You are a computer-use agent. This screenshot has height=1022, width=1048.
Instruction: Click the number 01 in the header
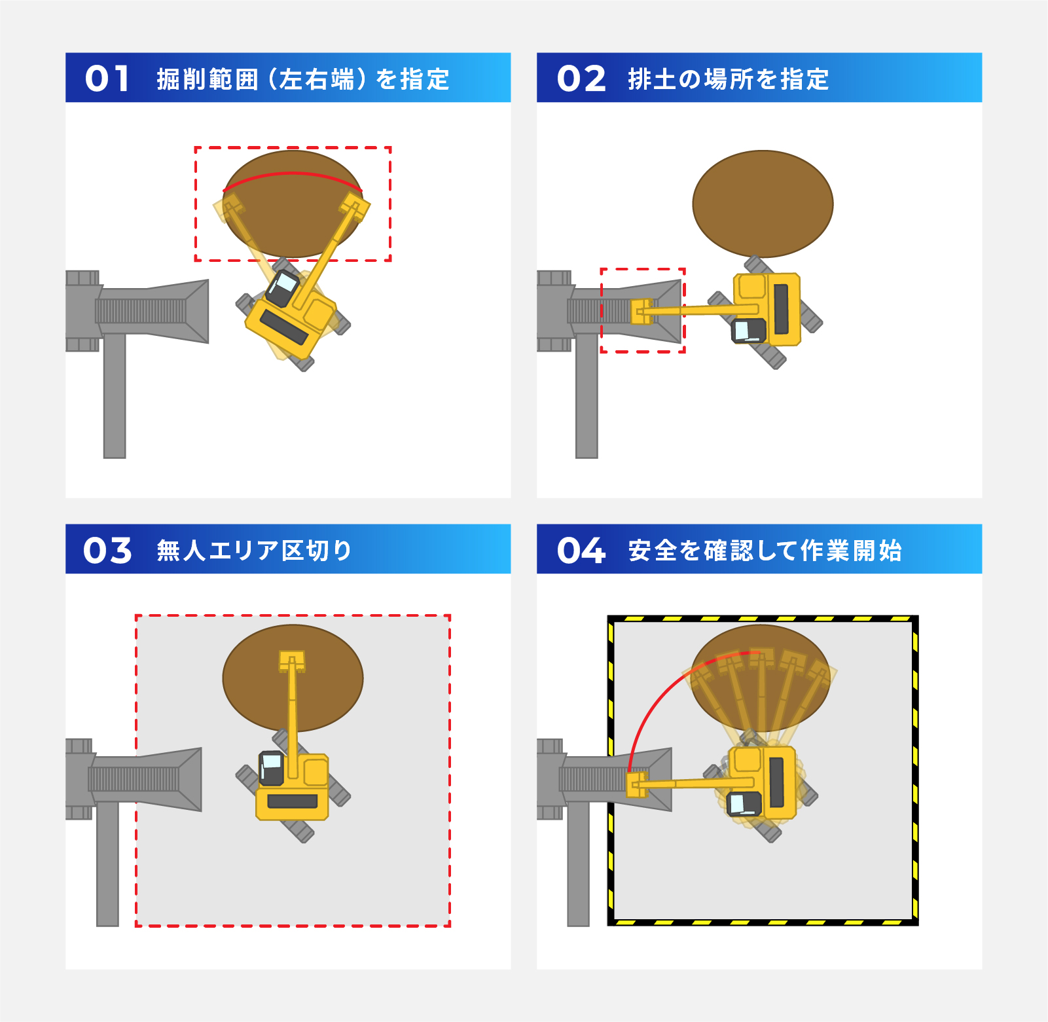tap(107, 79)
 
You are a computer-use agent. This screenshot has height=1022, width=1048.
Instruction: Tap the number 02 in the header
tap(581, 79)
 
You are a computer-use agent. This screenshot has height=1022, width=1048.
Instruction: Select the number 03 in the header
tap(107, 550)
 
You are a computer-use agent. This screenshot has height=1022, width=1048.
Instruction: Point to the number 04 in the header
tap(581, 550)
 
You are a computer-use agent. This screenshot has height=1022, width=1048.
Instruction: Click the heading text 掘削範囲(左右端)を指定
tap(302, 79)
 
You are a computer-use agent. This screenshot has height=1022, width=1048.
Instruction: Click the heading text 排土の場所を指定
tap(728, 79)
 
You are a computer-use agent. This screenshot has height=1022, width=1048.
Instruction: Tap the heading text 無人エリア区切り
tap(254, 551)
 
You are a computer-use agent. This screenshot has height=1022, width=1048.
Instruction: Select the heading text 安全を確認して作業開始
tap(765, 551)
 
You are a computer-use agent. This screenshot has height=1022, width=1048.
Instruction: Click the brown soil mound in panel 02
tap(763, 204)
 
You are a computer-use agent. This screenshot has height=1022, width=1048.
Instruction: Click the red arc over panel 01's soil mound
tap(293, 174)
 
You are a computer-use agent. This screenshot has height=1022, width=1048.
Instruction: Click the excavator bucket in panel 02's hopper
tap(641, 312)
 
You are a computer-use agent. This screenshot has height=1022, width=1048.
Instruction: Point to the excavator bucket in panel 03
tap(292, 660)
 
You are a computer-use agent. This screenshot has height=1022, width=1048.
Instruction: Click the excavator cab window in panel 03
tap(272, 762)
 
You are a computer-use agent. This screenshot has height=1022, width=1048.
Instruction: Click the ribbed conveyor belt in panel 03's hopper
tap(134, 778)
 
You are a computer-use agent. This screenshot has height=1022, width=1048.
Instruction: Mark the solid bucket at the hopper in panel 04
tap(636, 784)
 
